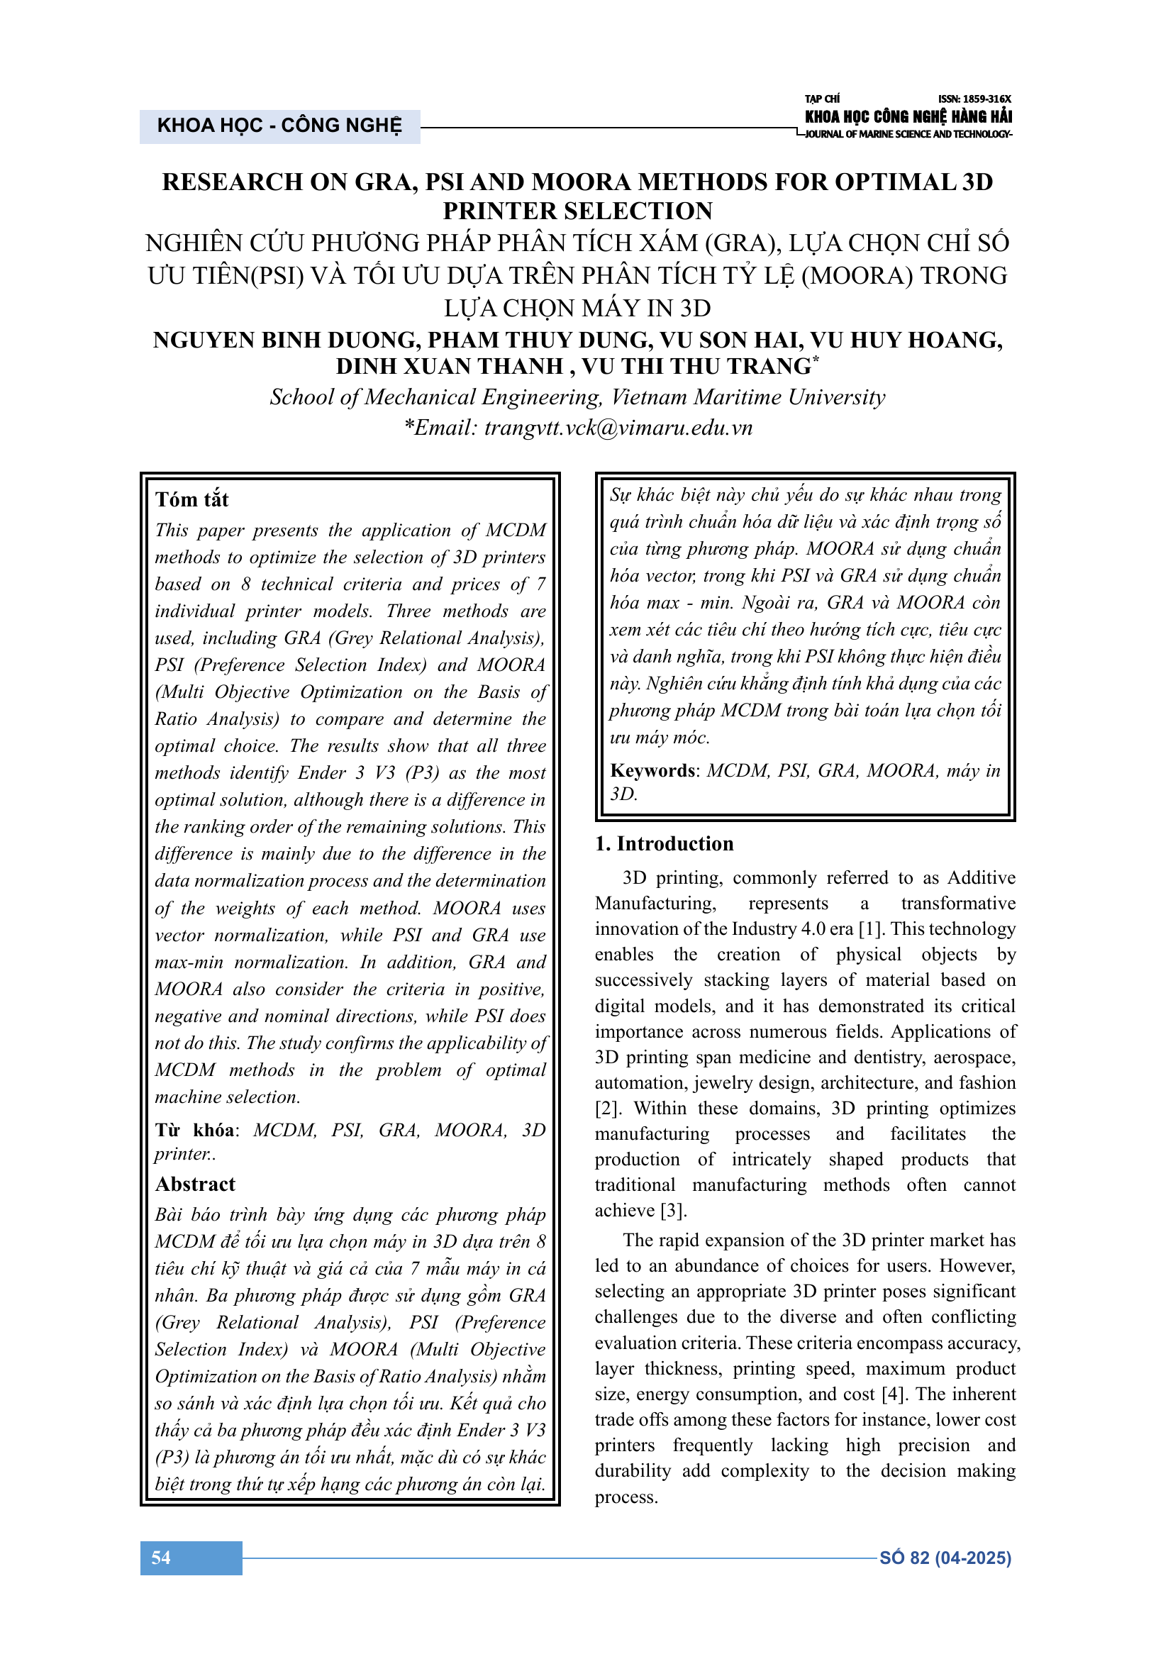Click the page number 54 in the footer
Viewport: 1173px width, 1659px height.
[161, 1558]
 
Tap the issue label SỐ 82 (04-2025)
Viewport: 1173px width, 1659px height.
[945, 1558]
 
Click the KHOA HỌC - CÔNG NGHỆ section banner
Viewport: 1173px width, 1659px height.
[279, 126]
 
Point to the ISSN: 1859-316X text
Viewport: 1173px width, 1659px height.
[974, 99]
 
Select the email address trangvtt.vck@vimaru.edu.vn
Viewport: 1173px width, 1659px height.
[618, 428]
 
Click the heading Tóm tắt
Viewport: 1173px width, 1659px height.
[191, 499]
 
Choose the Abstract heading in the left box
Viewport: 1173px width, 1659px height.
[195, 1184]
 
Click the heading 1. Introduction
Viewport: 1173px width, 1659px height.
[664, 844]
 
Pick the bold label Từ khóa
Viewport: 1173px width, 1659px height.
[194, 1130]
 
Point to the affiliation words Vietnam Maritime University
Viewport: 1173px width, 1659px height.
[748, 397]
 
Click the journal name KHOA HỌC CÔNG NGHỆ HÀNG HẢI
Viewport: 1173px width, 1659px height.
[908, 116]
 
